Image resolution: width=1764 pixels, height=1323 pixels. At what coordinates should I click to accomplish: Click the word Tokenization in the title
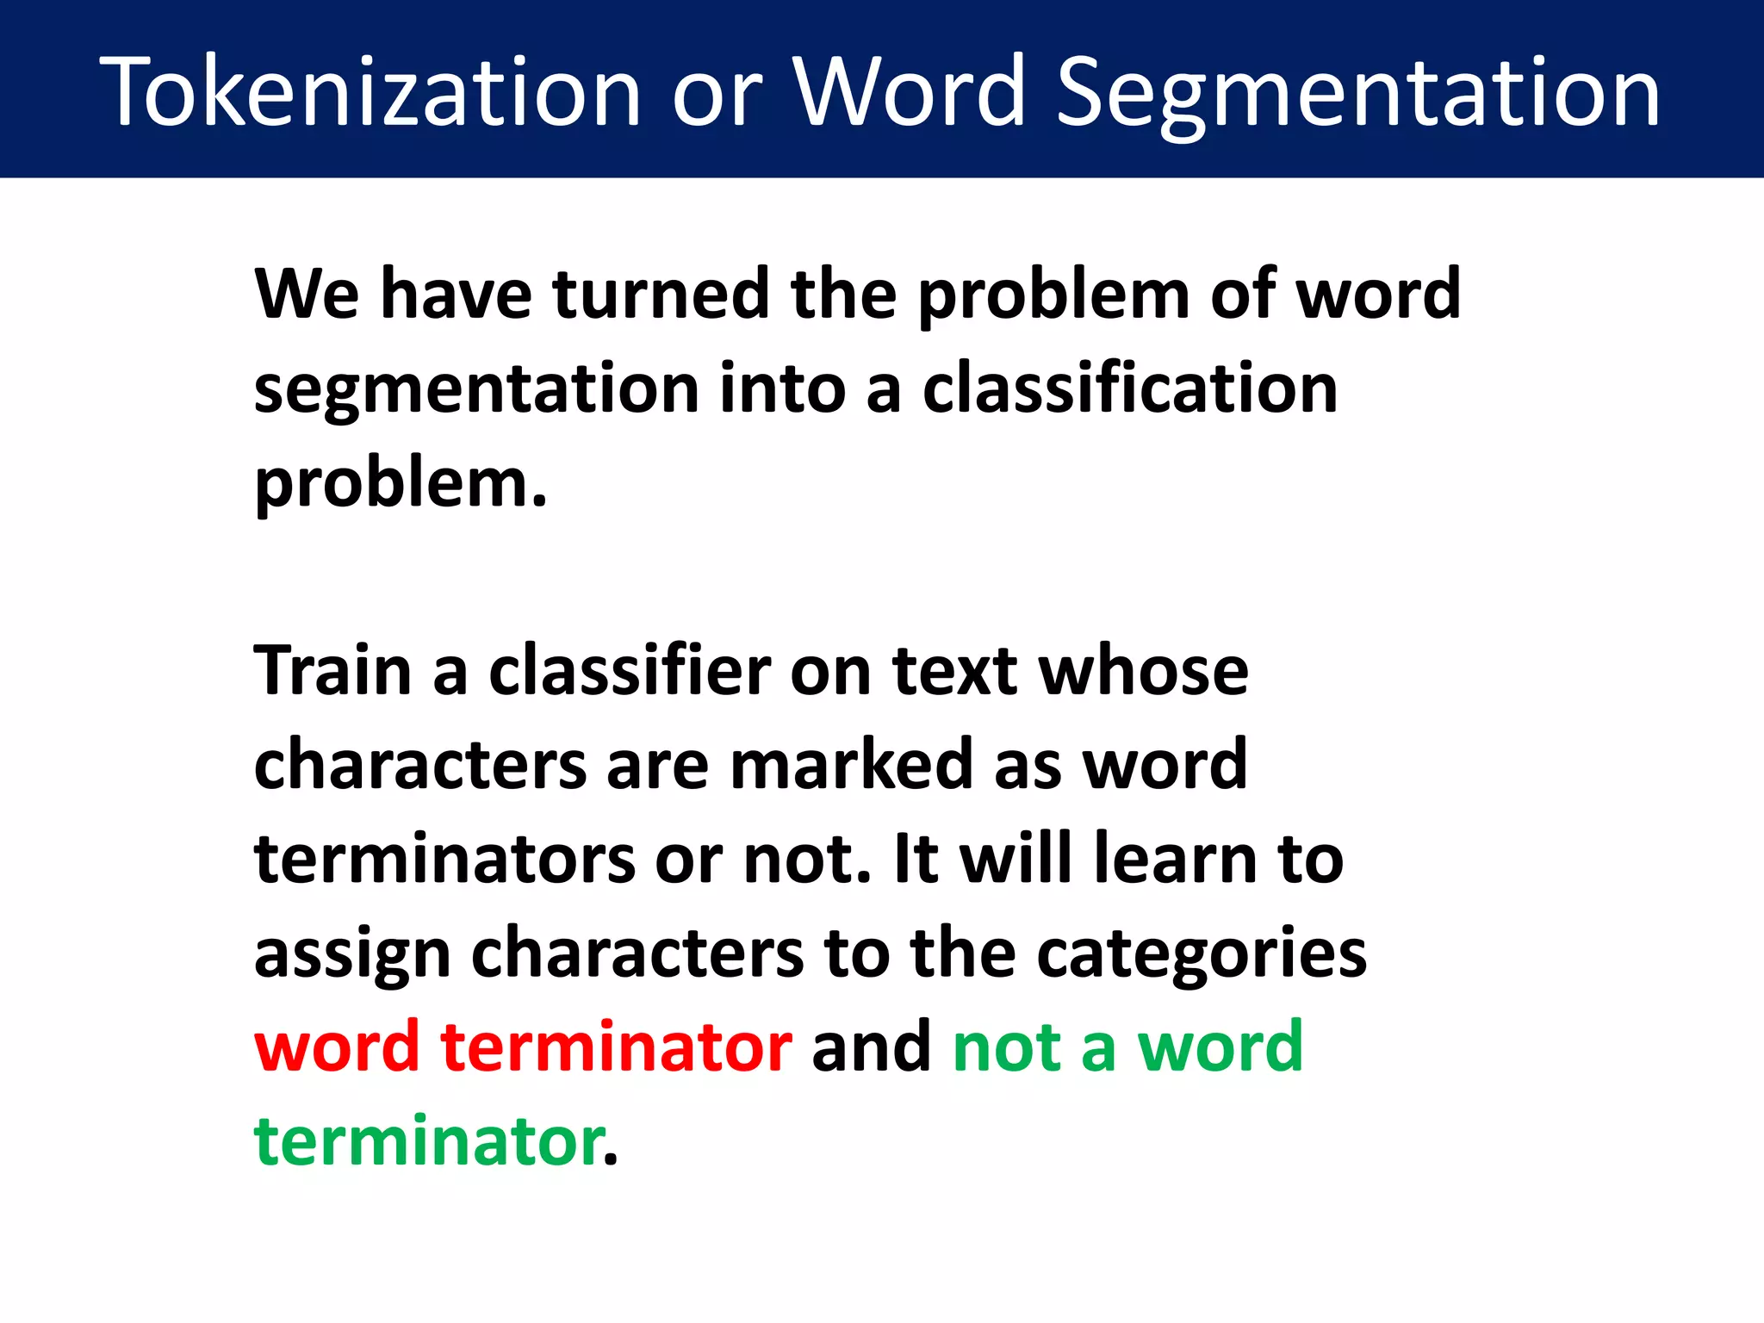pyautogui.click(x=370, y=90)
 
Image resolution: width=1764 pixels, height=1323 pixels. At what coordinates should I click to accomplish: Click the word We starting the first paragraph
pyautogui.click(x=306, y=294)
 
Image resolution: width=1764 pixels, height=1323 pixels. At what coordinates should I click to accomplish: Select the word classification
pyautogui.click(x=1130, y=388)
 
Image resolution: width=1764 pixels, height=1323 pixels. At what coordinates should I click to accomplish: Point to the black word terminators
pyautogui.click(x=444, y=859)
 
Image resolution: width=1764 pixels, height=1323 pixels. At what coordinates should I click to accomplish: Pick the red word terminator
pyautogui.click(x=616, y=1047)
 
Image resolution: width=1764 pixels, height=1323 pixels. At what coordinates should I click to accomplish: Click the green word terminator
pyautogui.click(x=428, y=1141)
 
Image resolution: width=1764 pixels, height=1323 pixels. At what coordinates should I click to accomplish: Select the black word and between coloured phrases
pyautogui.click(x=871, y=1047)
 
